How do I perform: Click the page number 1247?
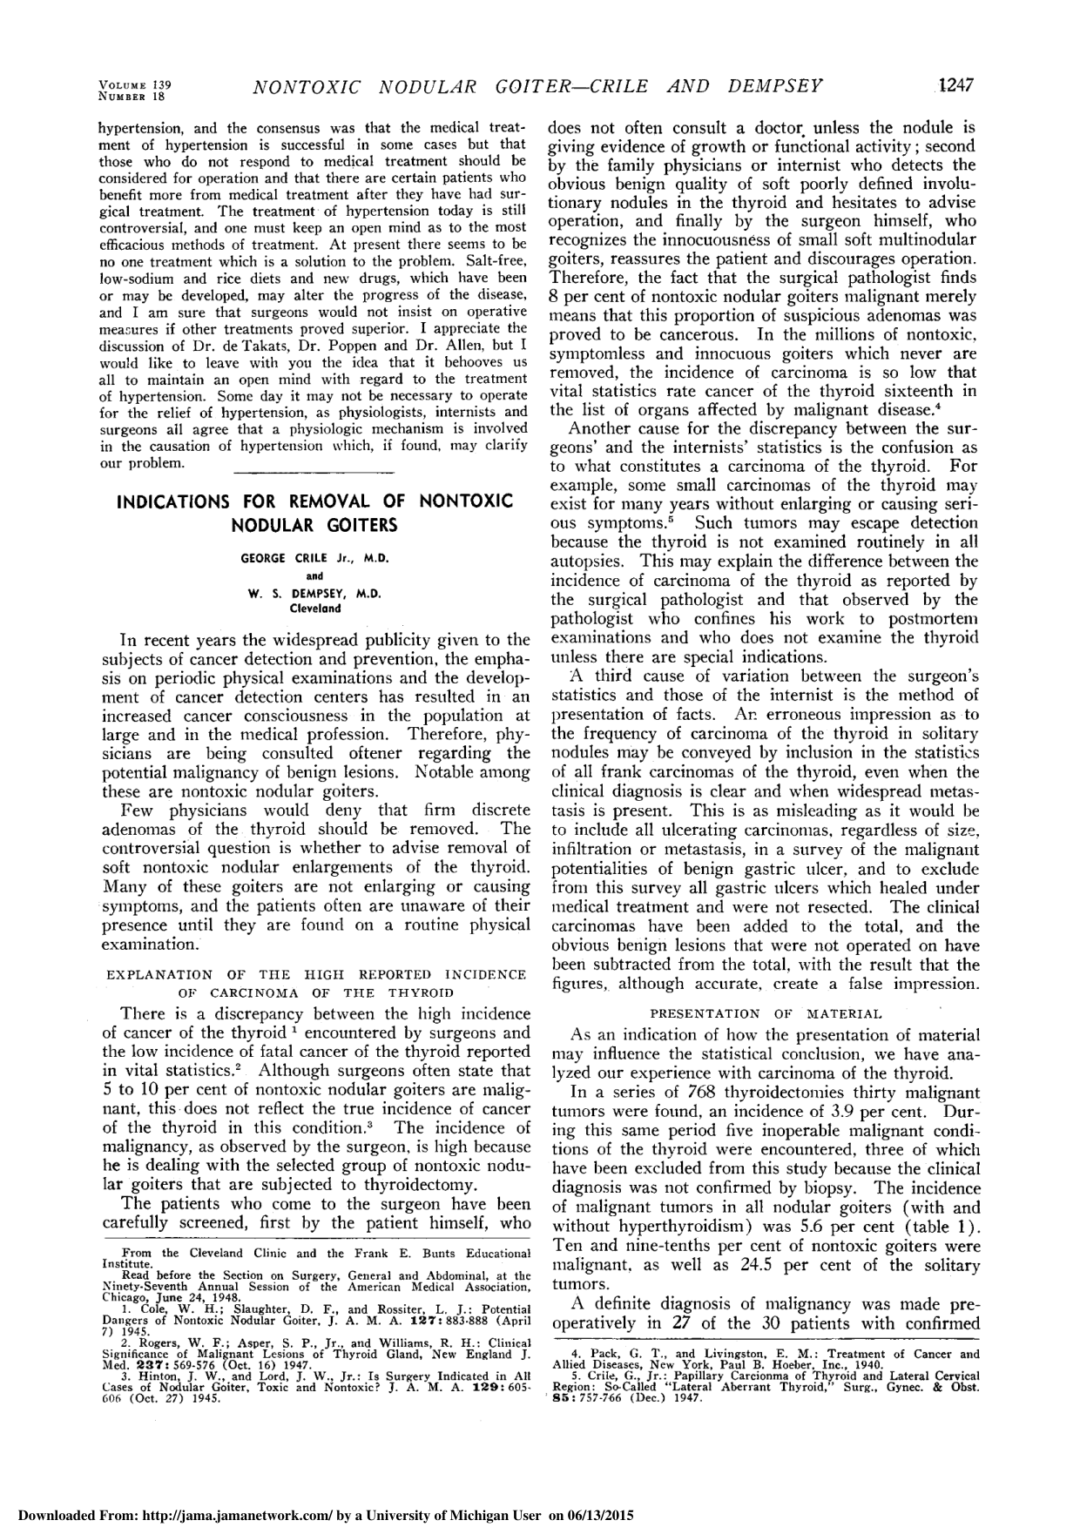pos(954,85)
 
